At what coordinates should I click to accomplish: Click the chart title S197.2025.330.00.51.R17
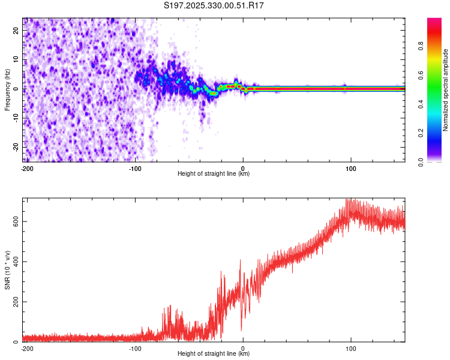click(x=214, y=5)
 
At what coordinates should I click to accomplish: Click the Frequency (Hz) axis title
click(x=8, y=90)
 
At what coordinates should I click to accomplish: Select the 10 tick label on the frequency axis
click(x=17, y=60)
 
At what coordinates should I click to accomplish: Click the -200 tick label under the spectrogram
click(x=26, y=167)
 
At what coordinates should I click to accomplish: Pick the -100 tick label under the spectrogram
click(x=135, y=167)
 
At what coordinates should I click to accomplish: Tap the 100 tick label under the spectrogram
click(x=351, y=167)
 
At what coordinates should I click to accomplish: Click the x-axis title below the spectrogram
click(x=214, y=174)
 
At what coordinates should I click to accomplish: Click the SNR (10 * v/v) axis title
click(x=8, y=269)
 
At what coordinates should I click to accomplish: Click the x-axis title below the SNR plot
click(x=214, y=354)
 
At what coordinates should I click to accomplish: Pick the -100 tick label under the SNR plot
click(x=135, y=347)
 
